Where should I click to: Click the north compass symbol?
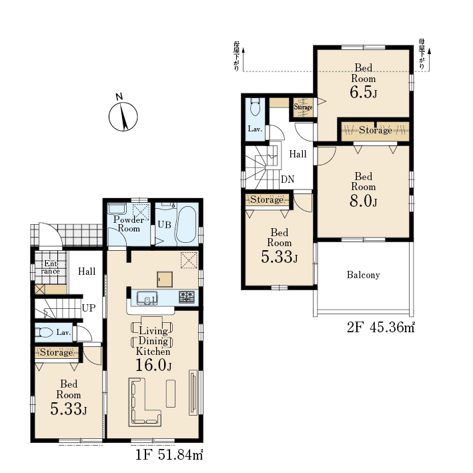[123, 116]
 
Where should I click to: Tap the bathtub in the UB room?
[186, 224]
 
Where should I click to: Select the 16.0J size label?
[153, 365]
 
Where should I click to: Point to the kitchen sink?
[147, 298]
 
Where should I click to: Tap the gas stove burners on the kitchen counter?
[187, 297]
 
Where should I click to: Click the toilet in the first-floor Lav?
[44, 332]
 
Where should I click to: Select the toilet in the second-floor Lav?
[256, 107]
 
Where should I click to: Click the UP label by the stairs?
[89, 308]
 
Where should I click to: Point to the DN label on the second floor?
[287, 179]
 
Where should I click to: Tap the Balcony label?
[363, 275]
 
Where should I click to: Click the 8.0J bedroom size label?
[363, 201]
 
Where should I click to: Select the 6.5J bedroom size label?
[363, 92]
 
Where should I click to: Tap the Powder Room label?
[129, 224]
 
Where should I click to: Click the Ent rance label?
[51, 268]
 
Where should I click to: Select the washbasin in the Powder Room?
[117, 209]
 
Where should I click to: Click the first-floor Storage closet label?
[57, 352]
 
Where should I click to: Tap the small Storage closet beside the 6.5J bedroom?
[303, 107]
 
